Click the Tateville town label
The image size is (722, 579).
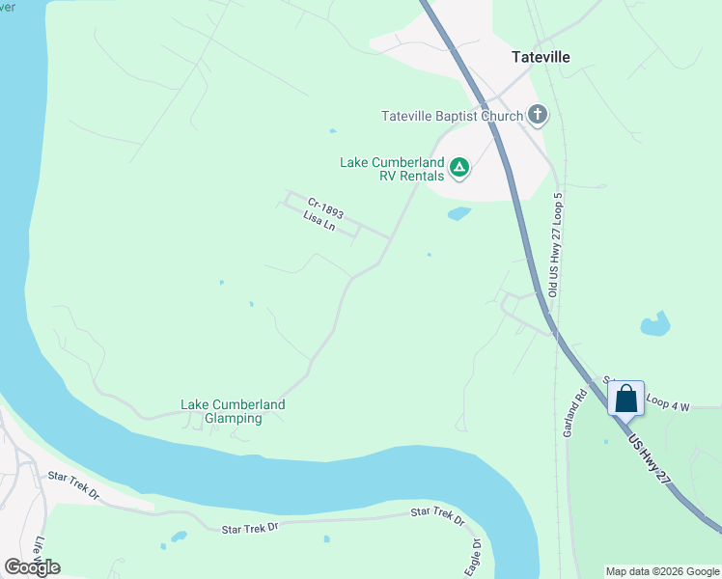point(541,57)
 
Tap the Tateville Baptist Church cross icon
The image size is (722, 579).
point(538,116)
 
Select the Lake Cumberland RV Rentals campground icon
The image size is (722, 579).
point(460,169)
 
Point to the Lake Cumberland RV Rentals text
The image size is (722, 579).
point(392,169)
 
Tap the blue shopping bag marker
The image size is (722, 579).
point(625,398)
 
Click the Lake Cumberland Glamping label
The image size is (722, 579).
point(234,411)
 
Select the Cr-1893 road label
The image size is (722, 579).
point(325,207)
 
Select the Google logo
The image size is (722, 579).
point(33,566)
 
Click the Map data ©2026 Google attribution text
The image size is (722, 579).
point(661,571)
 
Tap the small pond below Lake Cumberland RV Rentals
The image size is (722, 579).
point(459,213)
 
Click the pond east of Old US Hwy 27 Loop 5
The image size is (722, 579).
point(655,323)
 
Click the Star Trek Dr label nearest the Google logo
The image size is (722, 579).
point(74,484)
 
